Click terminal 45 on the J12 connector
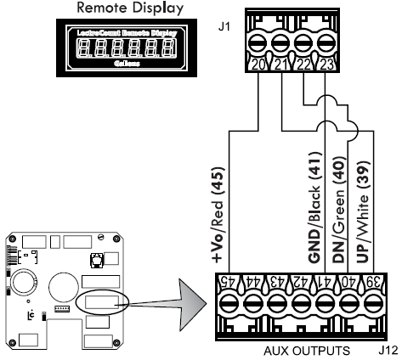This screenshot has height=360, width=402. pyautogui.click(x=224, y=303)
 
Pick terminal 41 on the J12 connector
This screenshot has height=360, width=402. pyautogui.click(x=324, y=303)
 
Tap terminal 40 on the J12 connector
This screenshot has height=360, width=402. pyautogui.click(x=348, y=303)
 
